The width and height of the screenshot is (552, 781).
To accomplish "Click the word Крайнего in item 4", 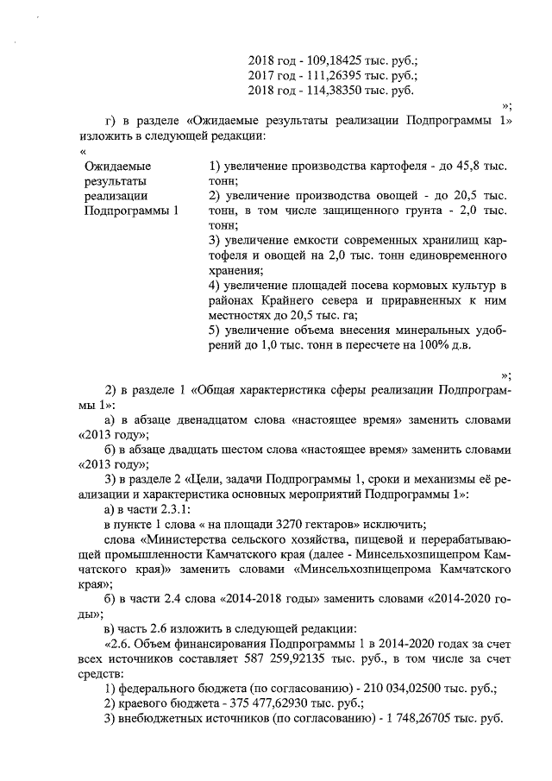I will coord(292,299).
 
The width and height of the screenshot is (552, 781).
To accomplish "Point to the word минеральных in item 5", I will coord(422,330).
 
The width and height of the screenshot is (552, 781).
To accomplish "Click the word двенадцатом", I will coord(223,419).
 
